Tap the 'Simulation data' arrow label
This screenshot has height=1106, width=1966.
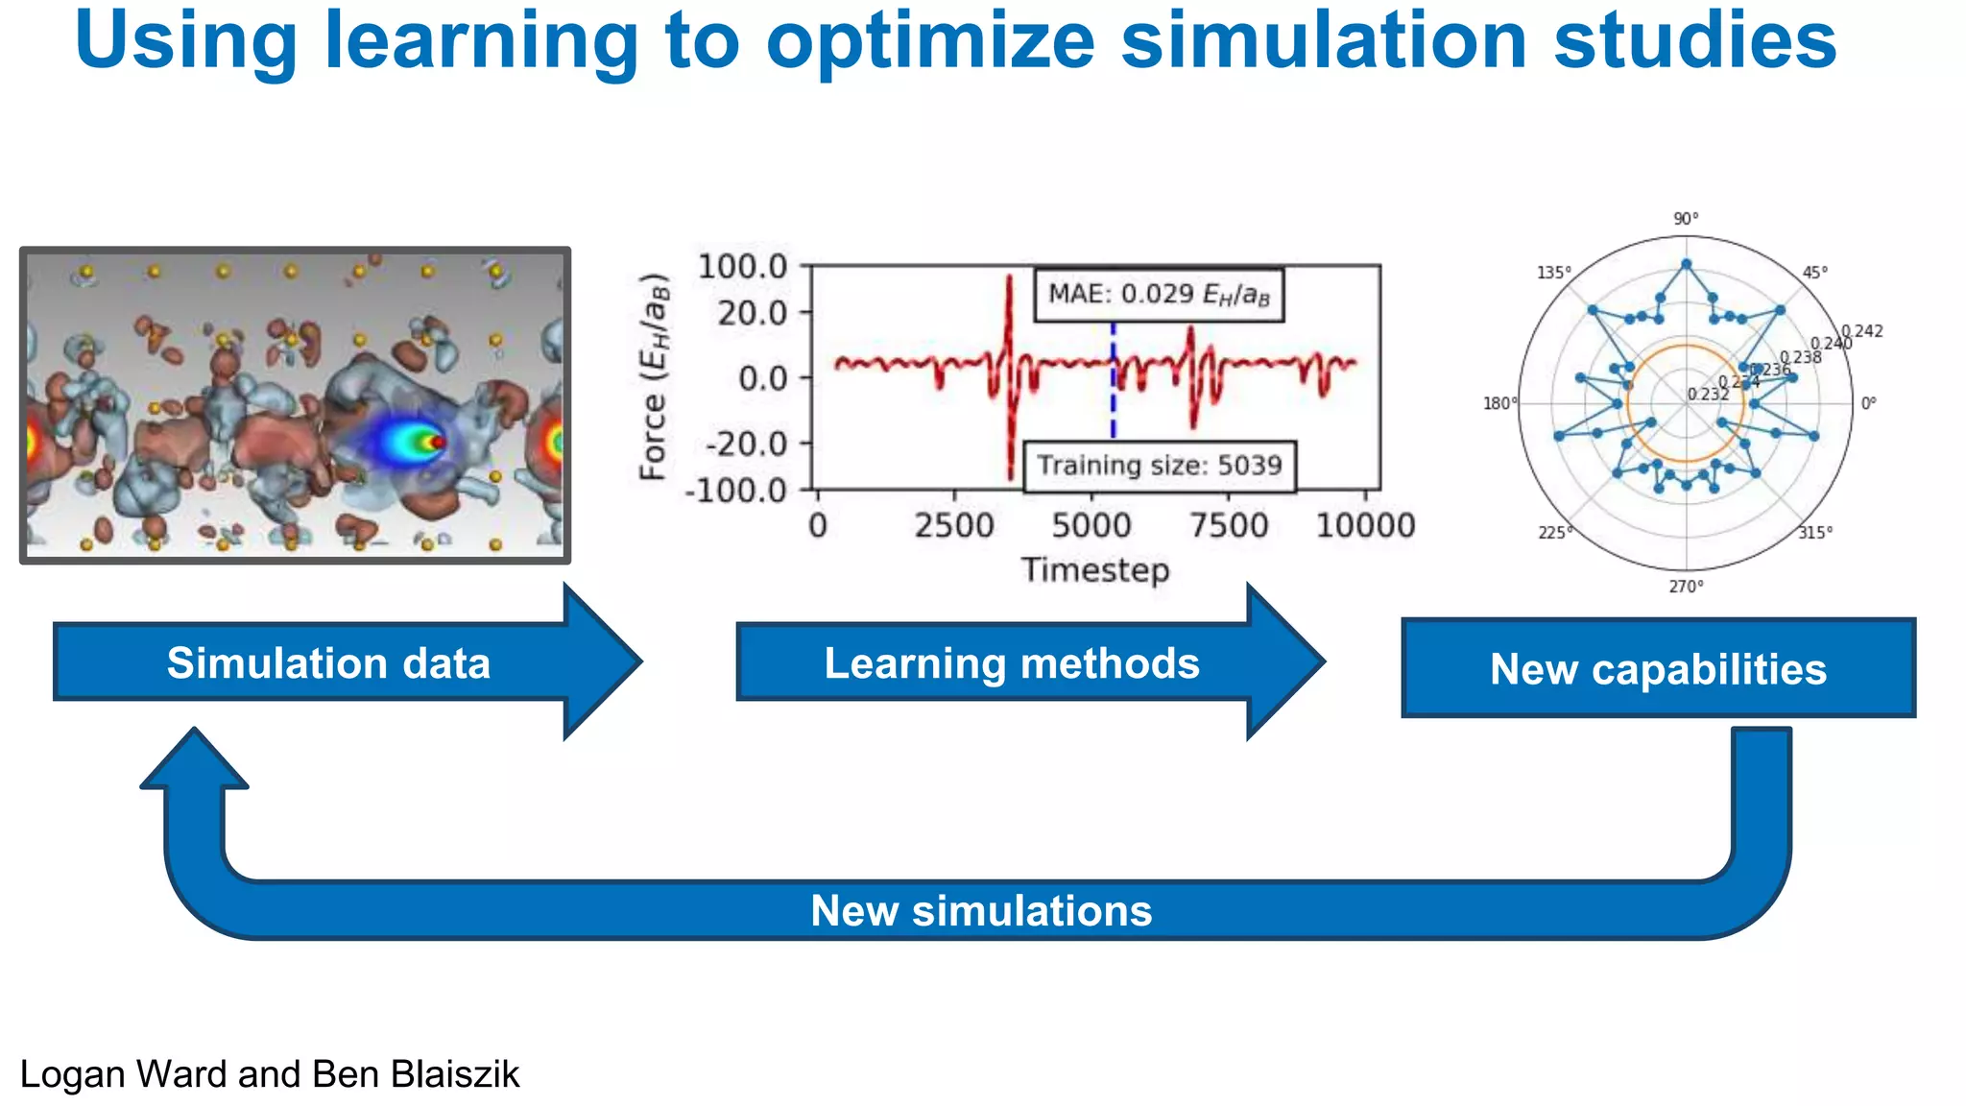(328, 663)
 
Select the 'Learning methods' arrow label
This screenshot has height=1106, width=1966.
(1012, 663)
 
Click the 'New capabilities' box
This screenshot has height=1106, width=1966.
(1658, 668)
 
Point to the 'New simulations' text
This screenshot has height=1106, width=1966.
(981, 910)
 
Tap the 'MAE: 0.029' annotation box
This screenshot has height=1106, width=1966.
(1158, 294)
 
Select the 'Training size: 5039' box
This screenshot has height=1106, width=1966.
(1159, 466)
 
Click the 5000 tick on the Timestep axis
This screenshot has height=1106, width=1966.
(1091, 526)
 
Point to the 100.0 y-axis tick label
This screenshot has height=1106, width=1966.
(742, 266)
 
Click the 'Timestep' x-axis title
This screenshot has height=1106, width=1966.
(1095, 570)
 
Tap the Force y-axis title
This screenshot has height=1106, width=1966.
(654, 376)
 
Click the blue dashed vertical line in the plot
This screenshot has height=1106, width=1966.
(1114, 403)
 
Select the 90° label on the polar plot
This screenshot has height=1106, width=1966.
(1686, 219)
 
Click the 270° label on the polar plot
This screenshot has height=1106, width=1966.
(1686, 586)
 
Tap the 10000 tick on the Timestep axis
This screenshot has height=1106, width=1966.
(1365, 526)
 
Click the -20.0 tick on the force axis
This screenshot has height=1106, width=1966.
(747, 445)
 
